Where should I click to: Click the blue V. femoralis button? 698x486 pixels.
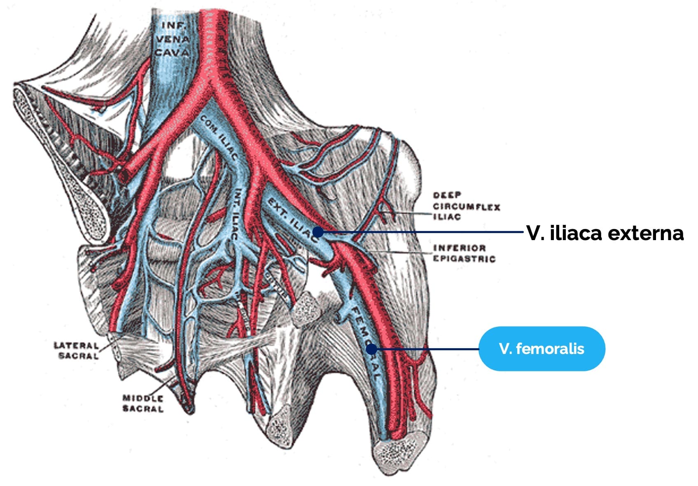542,349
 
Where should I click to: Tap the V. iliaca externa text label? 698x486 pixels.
605,233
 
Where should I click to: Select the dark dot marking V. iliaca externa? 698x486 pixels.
318,232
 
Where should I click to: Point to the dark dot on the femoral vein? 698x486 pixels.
371,349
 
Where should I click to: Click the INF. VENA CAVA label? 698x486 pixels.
172,39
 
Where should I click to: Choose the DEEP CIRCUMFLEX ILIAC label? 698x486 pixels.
467,206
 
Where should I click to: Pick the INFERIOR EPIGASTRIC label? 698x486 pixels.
464,253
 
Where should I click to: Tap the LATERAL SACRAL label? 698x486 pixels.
76,351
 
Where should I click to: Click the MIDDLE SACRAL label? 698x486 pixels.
143,403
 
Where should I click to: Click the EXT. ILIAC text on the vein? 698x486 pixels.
292,219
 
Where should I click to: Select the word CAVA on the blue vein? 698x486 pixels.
172,52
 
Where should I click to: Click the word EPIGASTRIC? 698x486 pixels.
464,259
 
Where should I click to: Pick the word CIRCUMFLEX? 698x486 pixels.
467,206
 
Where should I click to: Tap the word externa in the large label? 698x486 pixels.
645,234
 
